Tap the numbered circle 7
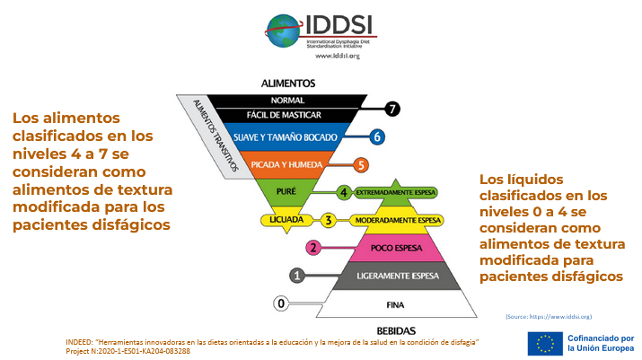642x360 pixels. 391,110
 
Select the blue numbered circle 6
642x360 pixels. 377,137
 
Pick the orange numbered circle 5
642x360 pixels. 361,164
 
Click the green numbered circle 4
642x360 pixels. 344,192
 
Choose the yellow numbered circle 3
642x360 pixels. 329,219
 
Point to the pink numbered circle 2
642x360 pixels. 313,247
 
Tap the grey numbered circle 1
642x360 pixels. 297,275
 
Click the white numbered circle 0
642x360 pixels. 282,303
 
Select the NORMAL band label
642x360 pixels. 286,100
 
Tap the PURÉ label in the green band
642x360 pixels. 286,191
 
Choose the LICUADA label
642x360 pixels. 286,220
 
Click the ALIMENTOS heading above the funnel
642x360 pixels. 287,83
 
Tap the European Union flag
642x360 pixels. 545,343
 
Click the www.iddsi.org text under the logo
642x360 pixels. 338,56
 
